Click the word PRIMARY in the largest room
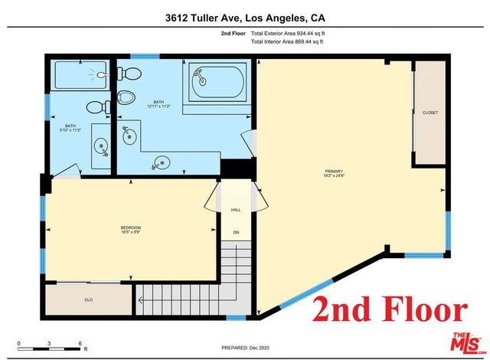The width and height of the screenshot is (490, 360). (334, 171)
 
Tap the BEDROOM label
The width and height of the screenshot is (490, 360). (131, 226)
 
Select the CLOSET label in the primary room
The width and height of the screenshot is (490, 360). (430, 113)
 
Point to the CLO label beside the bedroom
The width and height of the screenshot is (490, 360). (89, 301)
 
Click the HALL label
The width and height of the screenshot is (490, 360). (236, 209)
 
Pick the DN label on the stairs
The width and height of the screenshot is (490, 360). (236, 232)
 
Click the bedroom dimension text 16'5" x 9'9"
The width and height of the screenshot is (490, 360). (131, 231)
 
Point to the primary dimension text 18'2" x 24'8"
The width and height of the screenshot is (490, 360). (334, 176)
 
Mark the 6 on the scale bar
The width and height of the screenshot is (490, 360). (80, 342)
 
